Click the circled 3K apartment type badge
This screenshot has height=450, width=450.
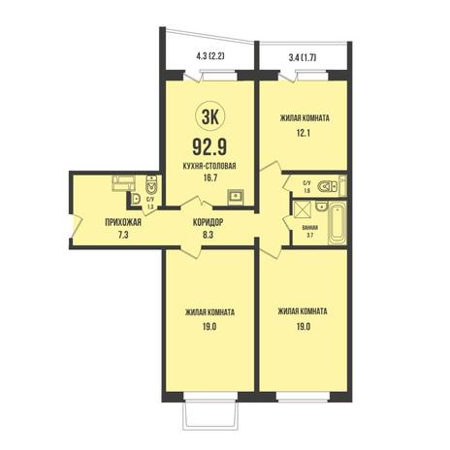pyautogui.click(x=210, y=117)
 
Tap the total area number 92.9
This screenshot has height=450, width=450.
pyautogui.click(x=209, y=146)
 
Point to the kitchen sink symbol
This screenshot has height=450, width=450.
pyautogui.click(x=236, y=196)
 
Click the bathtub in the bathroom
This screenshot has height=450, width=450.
pyautogui.click(x=337, y=223)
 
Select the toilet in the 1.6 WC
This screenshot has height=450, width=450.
pyautogui.click(x=327, y=186)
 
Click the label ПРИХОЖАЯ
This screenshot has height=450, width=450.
pyautogui.click(x=123, y=222)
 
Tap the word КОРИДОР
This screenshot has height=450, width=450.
pyautogui.click(x=208, y=222)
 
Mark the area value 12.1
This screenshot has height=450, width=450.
pyautogui.click(x=304, y=133)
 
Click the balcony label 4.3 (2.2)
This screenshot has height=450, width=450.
pyautogui.click(x=210, y=56)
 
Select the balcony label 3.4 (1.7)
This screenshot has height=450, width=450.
pyautogui.click(x=302, y=58)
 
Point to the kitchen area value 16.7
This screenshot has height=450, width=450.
pyautogui.click(x=209, y=178)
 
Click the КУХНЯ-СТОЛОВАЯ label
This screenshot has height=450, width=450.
pyautogui.click(x=209, y=166)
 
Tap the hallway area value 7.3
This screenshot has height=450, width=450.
pyautogui.click(x=123, y=235)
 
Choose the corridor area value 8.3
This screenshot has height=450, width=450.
pyautogui.click(x=208, y=235)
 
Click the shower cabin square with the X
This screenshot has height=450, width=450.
pyautogui.click(x=302, y=211)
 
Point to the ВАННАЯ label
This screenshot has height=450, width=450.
pyautogui.click(x=310, y=228)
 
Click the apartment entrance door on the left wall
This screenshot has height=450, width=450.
pyautogui.click(x=77, y=225)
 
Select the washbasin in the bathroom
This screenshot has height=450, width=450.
pyautogui.click(x=321, y=207)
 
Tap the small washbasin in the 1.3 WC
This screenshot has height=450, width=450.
pyautogui.click(x=136, y=199)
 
